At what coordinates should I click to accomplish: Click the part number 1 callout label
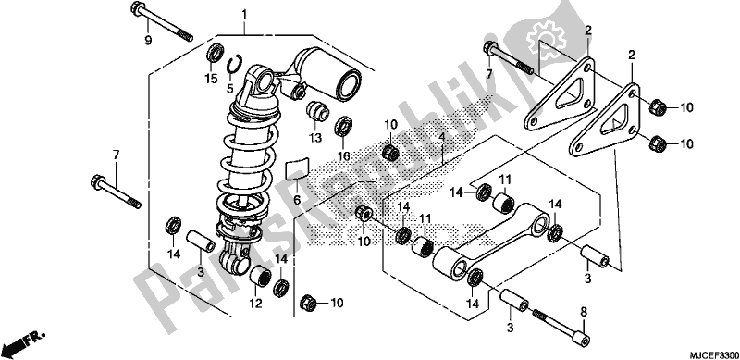244,15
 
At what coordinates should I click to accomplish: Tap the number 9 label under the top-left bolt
148,41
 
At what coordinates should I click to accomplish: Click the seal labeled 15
215,52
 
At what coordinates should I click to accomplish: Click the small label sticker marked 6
297,168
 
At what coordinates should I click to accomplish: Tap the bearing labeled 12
260,277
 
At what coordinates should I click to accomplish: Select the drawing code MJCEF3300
713,354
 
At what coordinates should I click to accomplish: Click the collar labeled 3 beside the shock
200,241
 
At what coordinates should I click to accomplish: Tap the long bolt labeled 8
562,326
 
